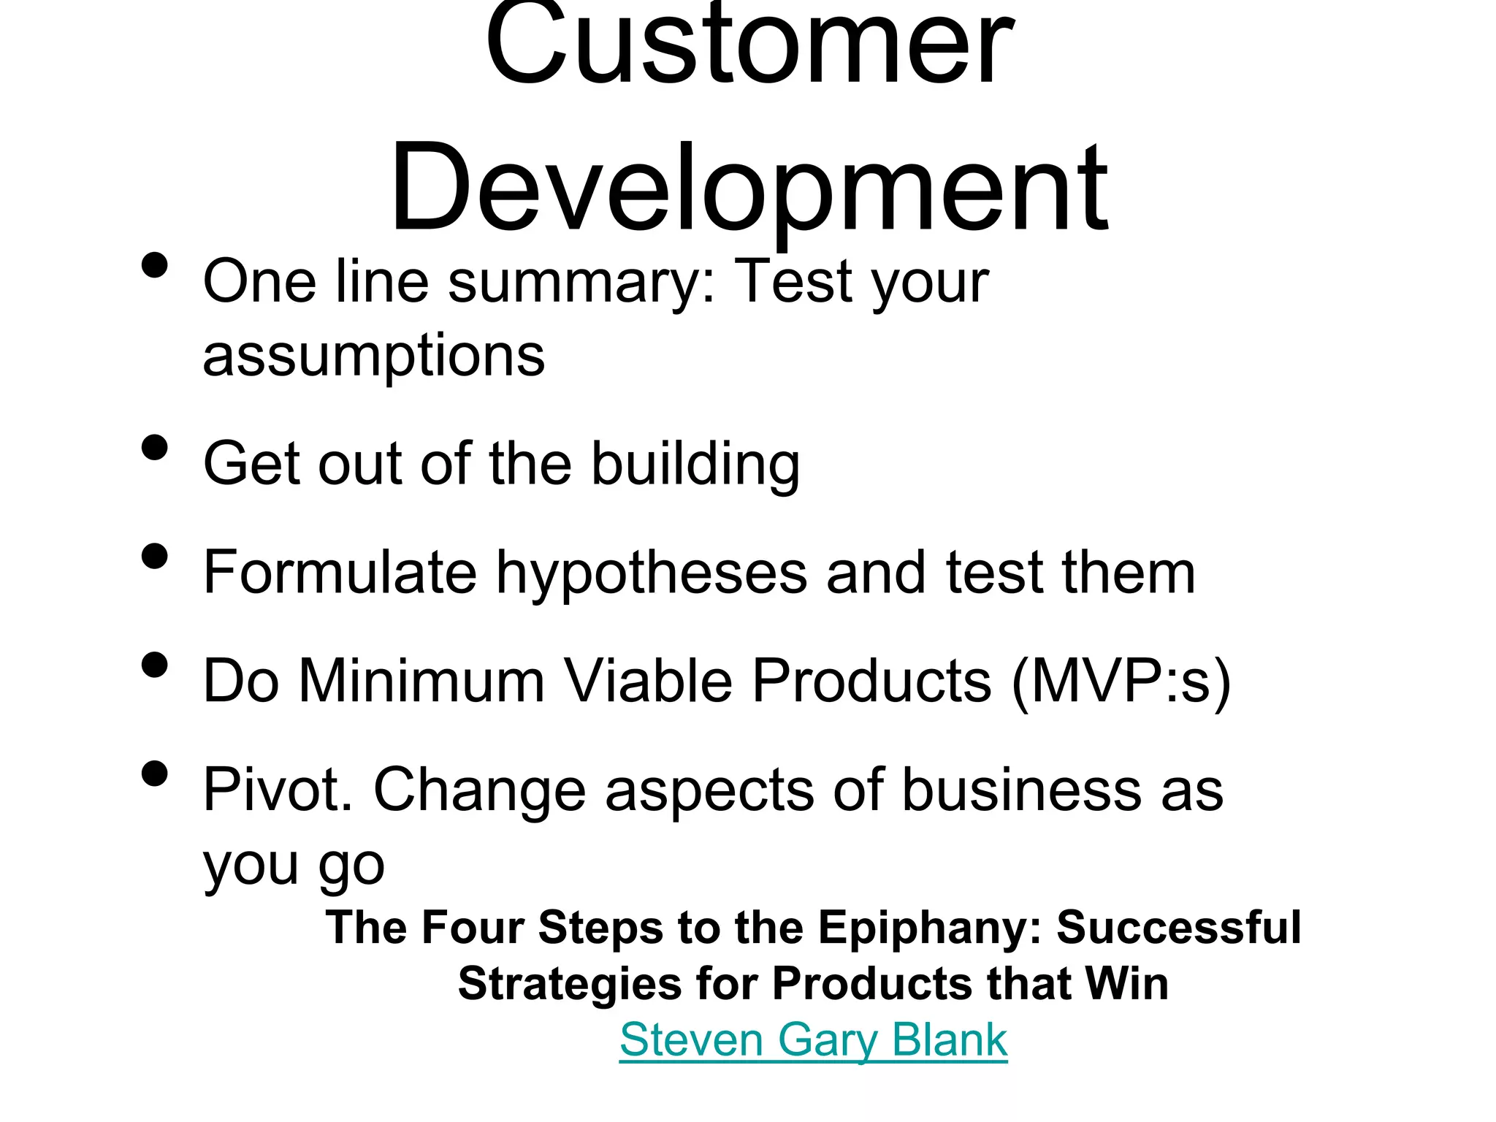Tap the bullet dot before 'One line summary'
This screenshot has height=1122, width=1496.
coord(154,265)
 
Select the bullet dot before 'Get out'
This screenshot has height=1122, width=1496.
coord(154,447)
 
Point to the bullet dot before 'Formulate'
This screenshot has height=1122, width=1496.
coord(154,556)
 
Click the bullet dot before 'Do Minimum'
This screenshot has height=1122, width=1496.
coord(154,665)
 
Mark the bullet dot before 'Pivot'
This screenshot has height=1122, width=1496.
coord(154,774)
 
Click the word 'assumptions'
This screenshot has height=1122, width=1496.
coord(373,356)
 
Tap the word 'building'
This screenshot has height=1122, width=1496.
coord(695,464)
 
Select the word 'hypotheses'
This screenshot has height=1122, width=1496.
coord(652,573)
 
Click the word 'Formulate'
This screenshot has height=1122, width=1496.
coord(340,573)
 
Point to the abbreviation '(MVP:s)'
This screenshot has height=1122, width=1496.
coord(1121,682)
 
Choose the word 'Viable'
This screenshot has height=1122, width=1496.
coord(649,682)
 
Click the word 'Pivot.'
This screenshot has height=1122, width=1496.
coord(278,790)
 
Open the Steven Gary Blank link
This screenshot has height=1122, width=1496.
coord(813,1039)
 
